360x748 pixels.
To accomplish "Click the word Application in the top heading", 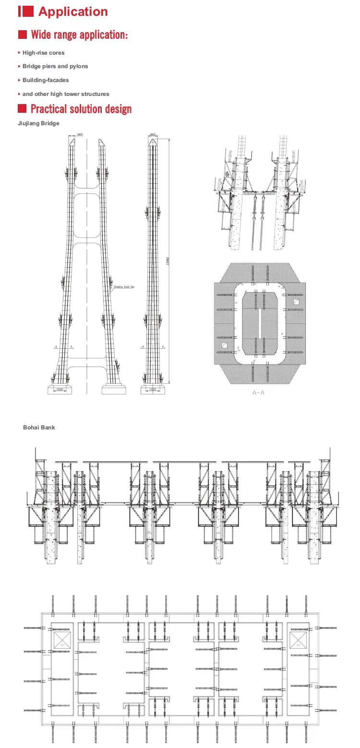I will click(73, 12).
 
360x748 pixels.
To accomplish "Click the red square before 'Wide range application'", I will click(22, 35).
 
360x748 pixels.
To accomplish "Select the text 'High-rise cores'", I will click(43, 53).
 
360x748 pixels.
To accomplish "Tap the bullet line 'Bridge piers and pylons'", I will click(55, 66).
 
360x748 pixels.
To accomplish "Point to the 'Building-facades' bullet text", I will click(46, 80).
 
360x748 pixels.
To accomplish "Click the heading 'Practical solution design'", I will click(81, 109).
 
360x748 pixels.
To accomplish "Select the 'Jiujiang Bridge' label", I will click(38, 123).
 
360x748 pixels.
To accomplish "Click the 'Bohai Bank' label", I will click(39, 427).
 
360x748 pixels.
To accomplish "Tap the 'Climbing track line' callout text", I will click(124, 287).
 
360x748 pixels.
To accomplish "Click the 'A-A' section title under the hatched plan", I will click(258, 392).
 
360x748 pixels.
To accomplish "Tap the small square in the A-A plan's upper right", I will click(297, 302).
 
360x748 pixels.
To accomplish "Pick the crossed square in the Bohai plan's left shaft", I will click(62, 640).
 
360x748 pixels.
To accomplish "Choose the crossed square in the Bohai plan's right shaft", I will click(298, 640).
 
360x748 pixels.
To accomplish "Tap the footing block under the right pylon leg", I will click(114, 388).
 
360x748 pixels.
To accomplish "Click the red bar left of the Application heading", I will click(20, 12).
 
